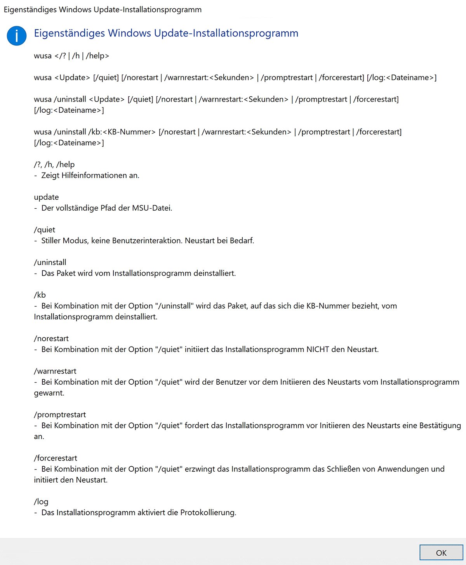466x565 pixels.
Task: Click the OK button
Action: pos(441,553)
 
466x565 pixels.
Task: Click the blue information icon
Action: pos(17,36)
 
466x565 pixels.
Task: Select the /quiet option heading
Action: pos(45,230)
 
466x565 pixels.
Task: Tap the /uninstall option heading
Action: pos(50,262)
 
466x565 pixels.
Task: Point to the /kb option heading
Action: pos(40,295)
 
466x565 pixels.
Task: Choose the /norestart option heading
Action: pos(51,338)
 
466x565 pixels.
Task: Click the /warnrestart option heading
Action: pos(55,371)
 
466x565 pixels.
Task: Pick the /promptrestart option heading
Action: pos(60,415)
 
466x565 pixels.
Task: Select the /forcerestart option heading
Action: pos(56,458)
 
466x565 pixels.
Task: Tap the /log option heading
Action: pos(41,502)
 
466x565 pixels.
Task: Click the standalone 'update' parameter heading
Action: pos(47,197)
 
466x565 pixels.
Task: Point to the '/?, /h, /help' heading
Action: pos(54,164)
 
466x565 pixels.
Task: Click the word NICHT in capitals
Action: pos(318,349)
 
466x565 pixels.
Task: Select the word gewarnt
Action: pos(49,393)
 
